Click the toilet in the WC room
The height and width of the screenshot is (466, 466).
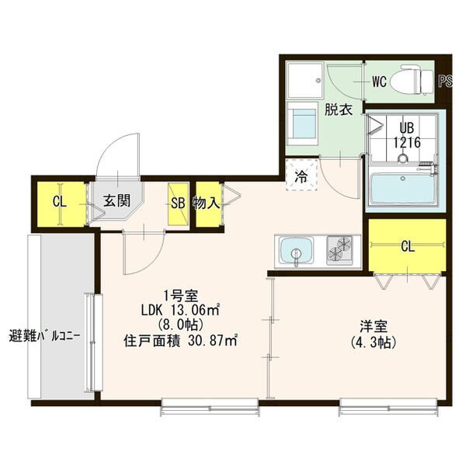point(412,79)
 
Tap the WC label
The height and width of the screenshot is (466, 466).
point(379,82)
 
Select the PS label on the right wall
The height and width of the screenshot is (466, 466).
point(446,82)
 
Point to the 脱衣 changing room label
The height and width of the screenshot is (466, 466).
point(338,110)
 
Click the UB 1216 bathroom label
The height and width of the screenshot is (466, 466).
point(407,135)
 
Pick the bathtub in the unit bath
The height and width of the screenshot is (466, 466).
point(403,189)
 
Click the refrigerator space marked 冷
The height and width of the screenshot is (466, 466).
point(301,175)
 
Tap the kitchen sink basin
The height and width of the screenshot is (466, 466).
point(297,250)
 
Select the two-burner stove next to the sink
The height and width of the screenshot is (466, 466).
point(339,250)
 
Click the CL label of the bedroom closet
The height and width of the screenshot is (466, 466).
point(408,246)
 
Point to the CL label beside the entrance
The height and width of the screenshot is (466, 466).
point(60,202)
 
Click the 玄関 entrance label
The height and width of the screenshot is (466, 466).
point(116,201)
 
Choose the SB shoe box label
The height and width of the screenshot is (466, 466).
point(178,203)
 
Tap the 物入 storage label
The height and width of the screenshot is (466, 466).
point(207,203)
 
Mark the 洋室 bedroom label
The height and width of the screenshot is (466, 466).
point(374,326)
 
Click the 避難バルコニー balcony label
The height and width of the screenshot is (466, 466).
point(44,337)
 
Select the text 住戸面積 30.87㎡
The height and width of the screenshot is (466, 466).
point(180,341)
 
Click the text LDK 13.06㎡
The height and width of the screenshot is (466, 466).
point(180,310)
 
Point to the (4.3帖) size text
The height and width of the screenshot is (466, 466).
point(374,342)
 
